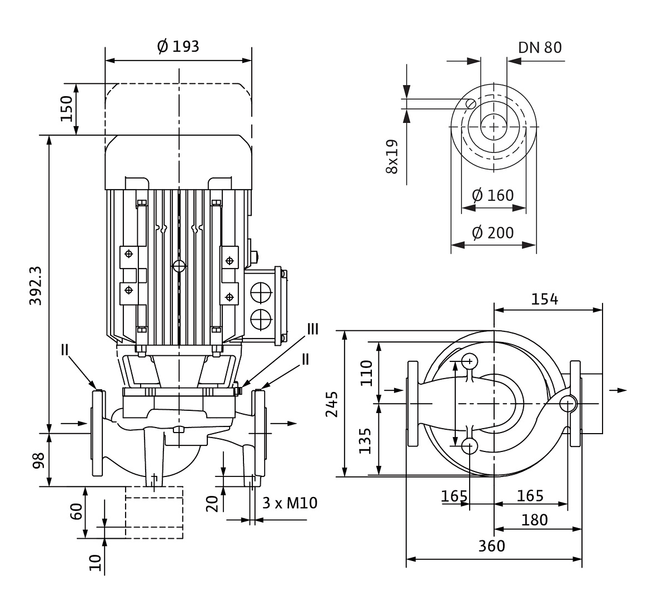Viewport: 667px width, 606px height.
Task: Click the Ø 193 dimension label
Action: point(178,47)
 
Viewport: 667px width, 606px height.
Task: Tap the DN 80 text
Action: point(540,48)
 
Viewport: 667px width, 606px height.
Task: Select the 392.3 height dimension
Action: point(36,286)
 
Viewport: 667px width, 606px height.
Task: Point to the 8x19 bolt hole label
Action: point(392,157)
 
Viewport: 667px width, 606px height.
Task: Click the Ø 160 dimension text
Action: point(493,195)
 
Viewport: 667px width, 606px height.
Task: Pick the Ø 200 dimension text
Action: point(493,232)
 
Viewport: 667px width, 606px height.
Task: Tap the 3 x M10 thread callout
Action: point(290,503)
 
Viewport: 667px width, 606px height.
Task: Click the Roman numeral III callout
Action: point(313,329)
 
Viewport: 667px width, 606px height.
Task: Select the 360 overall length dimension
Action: point(491,546)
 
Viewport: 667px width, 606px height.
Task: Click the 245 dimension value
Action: point(331,404)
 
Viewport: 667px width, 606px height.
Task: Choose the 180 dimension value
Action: point(534,520)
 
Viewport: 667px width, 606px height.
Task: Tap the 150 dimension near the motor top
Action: point(67,109)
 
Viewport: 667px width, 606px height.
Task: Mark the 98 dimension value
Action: point(38,460)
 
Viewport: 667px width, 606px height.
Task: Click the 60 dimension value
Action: point(76,511)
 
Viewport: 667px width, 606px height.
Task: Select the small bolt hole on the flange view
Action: point(470,104)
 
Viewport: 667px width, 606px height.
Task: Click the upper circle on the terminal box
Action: point(261,292)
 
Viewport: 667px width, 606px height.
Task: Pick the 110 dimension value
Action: point(367,372)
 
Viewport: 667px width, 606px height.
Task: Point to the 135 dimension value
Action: point(365,441)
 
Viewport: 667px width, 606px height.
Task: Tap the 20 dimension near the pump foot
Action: point(212,504)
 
